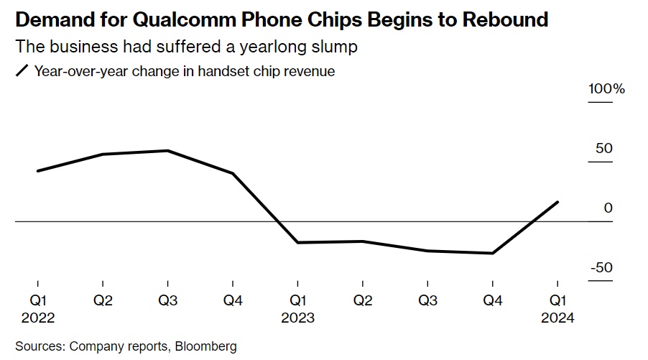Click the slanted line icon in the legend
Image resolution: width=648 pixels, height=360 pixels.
point(22,71)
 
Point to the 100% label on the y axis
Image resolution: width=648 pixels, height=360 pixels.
point(606,90)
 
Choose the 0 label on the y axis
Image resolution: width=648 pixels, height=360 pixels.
point(608,208)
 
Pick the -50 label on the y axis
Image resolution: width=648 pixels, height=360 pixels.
point(602,268)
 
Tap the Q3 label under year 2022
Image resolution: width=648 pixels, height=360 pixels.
point(167,301)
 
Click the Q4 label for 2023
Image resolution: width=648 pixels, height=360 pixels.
point(492,301)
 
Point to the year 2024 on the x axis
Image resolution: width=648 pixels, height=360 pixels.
point(557,318)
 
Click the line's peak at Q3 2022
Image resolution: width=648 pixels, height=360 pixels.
point(167,151)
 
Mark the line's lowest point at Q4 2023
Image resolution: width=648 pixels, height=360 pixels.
point(492,253)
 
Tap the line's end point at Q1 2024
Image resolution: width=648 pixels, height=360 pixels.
point(557,202)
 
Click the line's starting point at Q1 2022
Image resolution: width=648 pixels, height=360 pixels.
point(37,171)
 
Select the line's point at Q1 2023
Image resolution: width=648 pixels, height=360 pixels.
point(297,243)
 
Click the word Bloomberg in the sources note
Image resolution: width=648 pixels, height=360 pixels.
point(203,346)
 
